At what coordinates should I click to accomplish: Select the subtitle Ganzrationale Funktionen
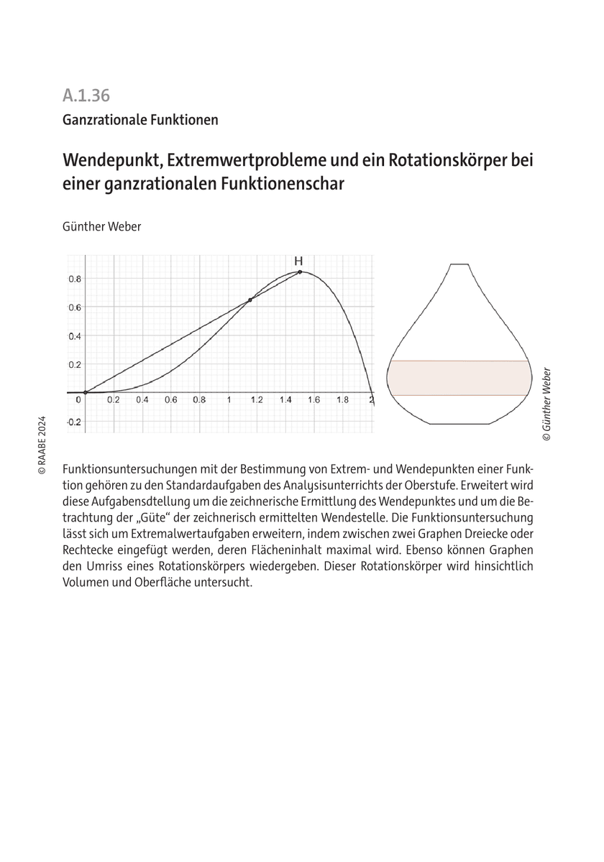[139, 120]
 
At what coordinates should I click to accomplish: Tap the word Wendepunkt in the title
[106, 159]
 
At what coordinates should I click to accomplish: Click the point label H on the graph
[298, 261]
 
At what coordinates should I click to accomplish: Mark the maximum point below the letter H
[300, 272]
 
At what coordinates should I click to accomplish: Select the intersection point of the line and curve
[250, 300]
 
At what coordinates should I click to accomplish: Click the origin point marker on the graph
[85, 392]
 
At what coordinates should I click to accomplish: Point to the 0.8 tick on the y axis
[74, 279]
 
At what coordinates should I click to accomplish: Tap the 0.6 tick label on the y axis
[74, 307]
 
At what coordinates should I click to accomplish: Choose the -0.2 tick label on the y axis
[73, 422]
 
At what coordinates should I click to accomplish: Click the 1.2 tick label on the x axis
[256, 401]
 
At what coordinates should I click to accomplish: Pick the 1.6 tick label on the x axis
[314, 401]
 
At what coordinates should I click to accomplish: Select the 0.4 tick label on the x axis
[142, 401]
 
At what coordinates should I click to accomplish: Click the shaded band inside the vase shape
[459, 378]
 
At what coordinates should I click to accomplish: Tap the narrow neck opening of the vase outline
[459, 266]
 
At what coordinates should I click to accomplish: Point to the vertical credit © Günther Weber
[547, 403]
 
